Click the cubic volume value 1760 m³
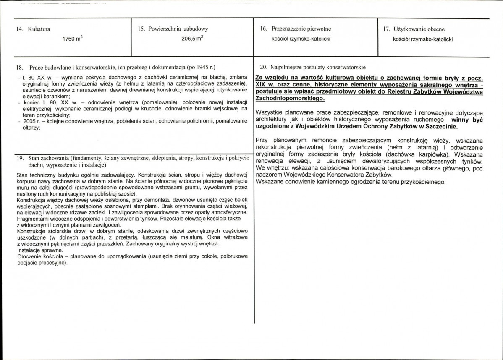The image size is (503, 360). click(73, 39)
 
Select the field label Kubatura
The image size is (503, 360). click(39, 29)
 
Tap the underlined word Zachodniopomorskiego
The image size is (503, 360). click(290, 98)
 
